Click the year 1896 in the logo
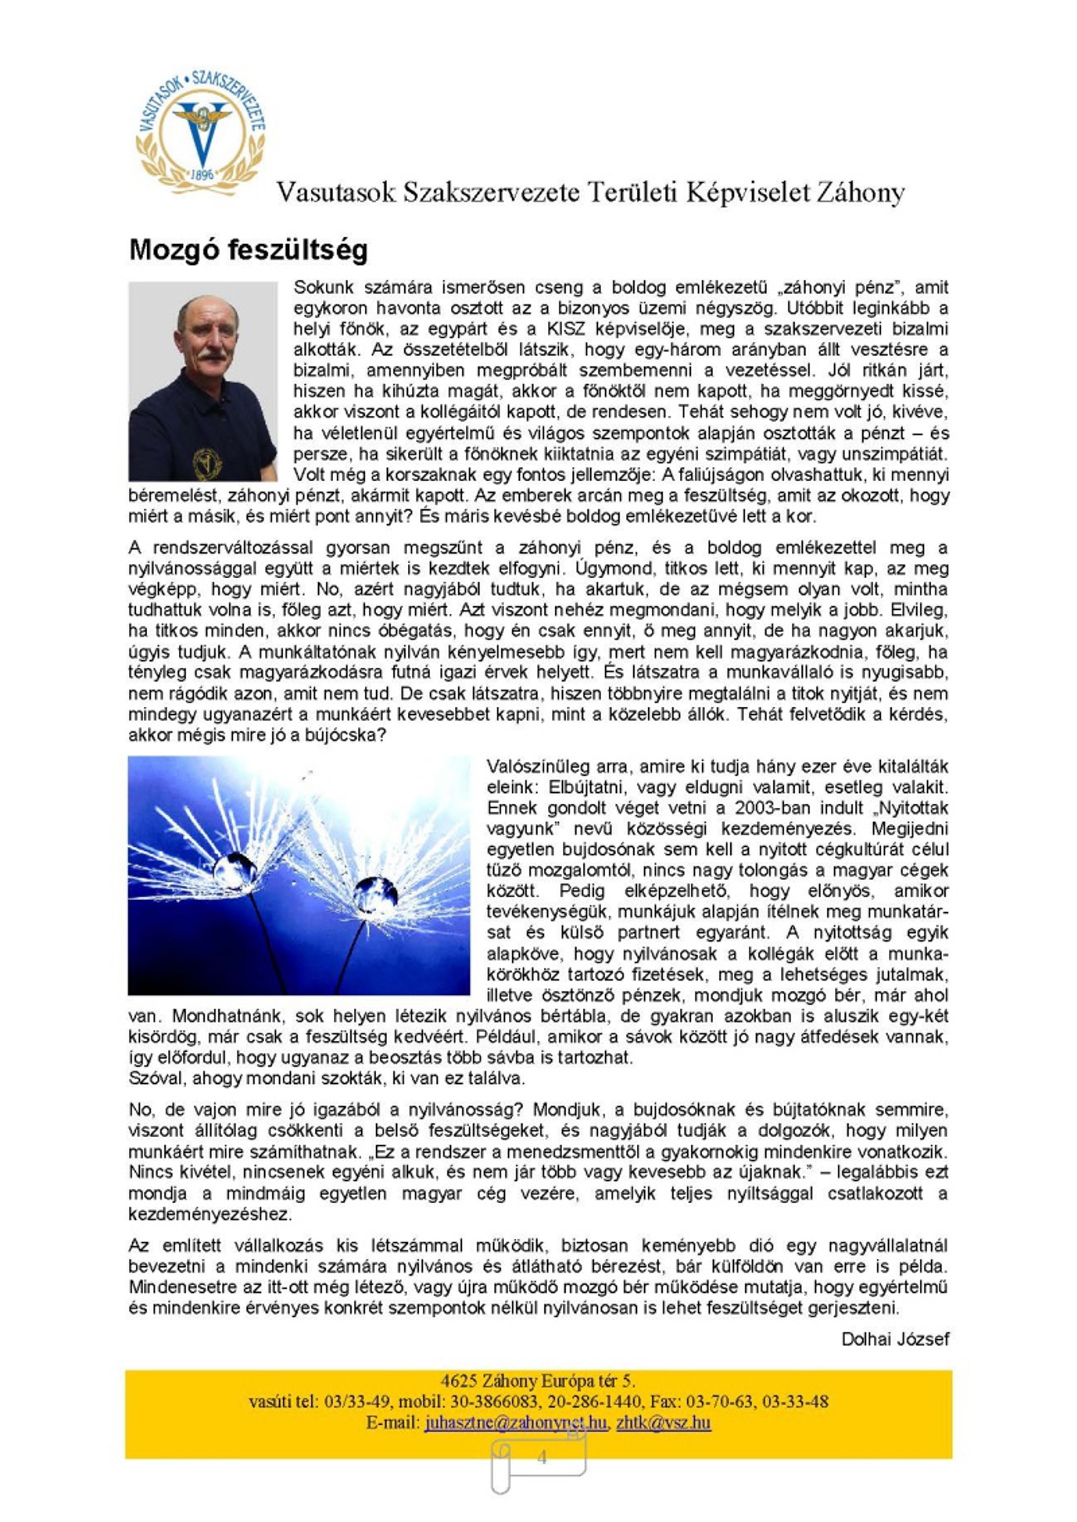click(202, 174)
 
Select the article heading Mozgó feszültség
click(248, 249)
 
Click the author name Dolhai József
click(895, 1339)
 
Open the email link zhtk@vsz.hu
click(663, 1422)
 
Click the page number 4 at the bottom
click(542, 1457)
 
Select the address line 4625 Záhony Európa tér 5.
click(538, 1381)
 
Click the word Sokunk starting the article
click(323, 287)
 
